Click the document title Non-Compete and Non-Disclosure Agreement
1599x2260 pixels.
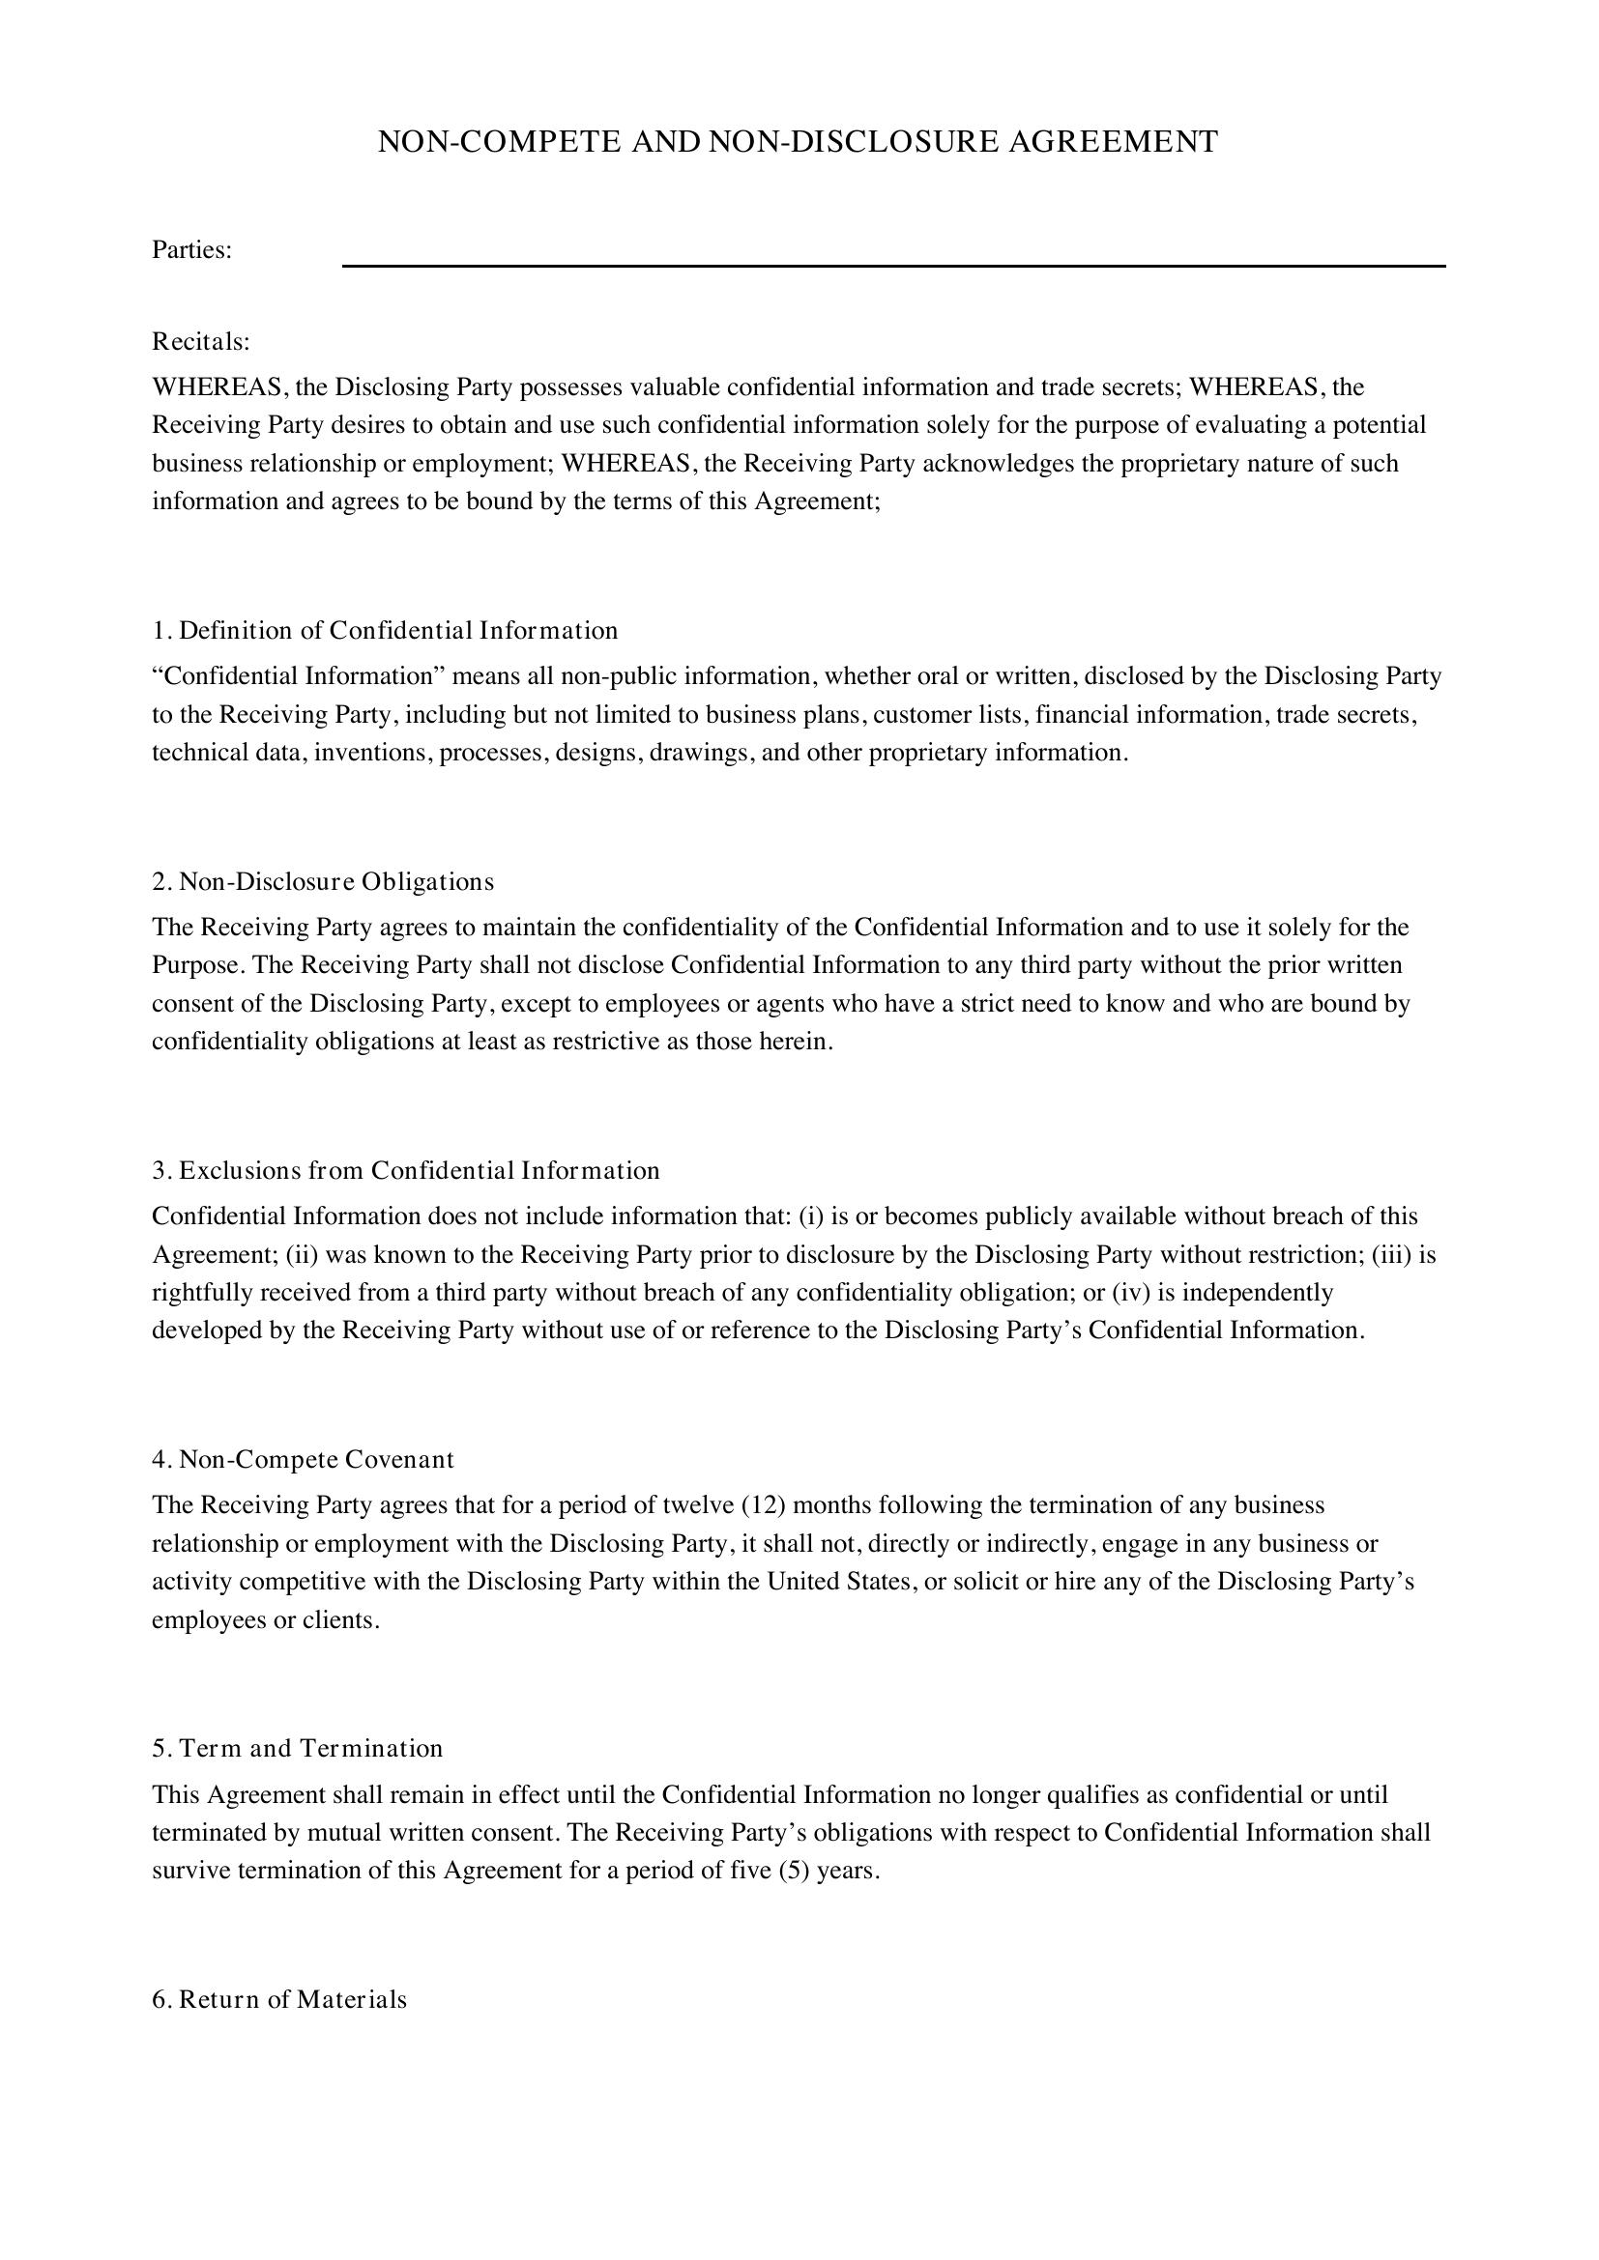pyautogui.click(x=798, y=142)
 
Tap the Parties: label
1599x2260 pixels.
pyautogui.click(x=192, y=250)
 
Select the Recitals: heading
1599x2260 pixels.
pyautogui.click(x=201, y=341)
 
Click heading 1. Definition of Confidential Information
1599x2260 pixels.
pyautogui.click(x=385, y=630)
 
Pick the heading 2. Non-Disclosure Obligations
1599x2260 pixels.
pyautogui.click(x=323, y=881)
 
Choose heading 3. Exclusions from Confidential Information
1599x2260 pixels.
pyautogui.click(x=406, y=1170)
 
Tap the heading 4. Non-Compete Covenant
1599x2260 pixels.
pyautogui.click(x=304, y=1459)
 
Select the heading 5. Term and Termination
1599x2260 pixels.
pyautogui.click(x=298, y=1748)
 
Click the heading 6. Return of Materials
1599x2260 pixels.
pyautogui.click(x=279, y=1999)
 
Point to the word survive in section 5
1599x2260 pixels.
pyautogui.click(x=191, y=1871)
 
